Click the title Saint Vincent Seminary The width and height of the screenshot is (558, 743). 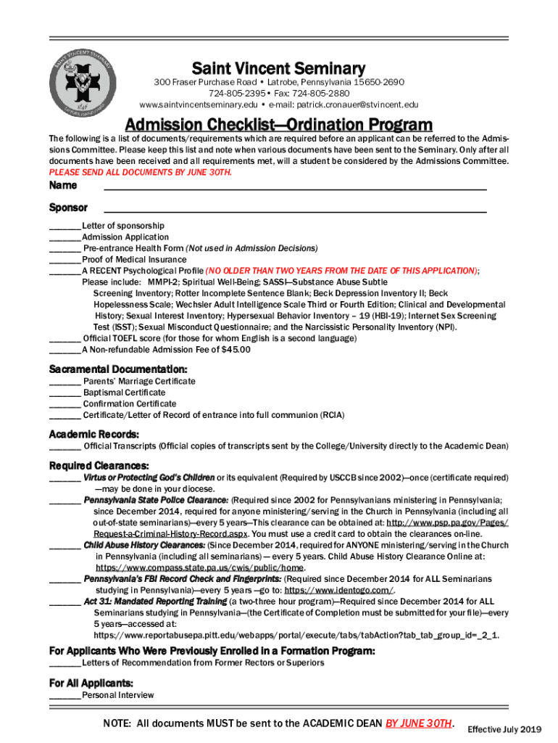click(278, 69)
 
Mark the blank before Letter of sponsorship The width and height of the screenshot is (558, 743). click(64, 226)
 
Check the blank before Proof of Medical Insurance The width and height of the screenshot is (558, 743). click(64, 260)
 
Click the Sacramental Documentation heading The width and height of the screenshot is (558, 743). click(118, 369)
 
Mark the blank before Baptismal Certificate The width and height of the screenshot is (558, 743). click(64, 393)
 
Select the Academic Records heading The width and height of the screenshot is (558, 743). click(94, 434)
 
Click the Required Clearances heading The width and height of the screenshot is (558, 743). click(99, 465)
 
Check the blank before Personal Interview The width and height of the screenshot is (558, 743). click(64, 695)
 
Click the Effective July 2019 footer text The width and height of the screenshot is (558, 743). click(504, 728)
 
